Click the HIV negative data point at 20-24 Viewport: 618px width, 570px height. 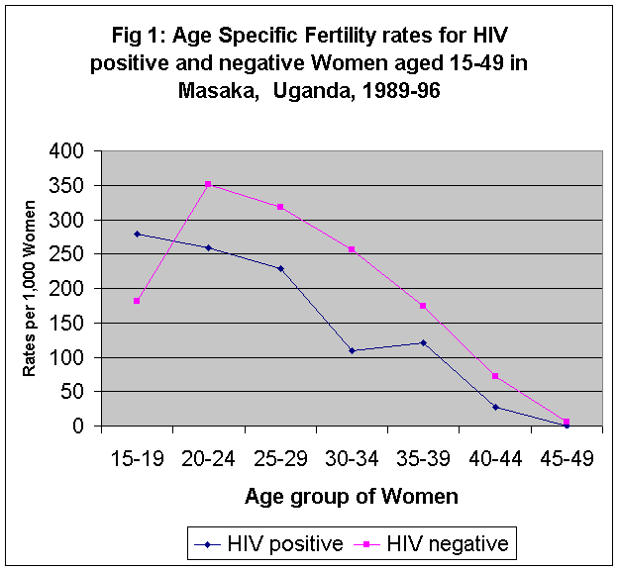tap(209, 184)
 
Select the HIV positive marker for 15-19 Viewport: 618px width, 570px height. tap(137, 234)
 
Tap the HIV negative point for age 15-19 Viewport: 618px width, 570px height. tap(137, 301)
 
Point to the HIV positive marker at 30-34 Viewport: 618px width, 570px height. tap(352, 350)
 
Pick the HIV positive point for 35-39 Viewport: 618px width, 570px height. tap(423, 342)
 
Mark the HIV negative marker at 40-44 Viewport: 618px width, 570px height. tap(494, 376)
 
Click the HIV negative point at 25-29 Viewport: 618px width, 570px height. tap(280, 207)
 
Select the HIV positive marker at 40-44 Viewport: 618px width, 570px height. tap(494, 407)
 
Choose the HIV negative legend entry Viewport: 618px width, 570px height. tap(437, 543)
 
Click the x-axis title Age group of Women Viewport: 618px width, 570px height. tap(352, 497)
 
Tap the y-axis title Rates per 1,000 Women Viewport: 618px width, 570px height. tap(31, 288)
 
